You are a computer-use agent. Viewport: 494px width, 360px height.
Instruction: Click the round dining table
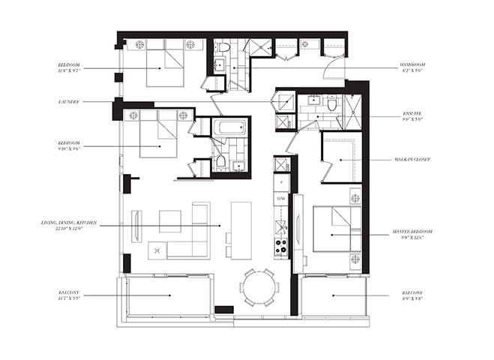(258, 287)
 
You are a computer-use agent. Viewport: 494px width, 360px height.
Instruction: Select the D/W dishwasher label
(281, 199)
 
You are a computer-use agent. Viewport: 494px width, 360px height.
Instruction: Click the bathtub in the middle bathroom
(228, 127)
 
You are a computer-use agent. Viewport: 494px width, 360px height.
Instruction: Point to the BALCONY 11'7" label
(70, 295)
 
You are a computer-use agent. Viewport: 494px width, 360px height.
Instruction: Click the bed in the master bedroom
(334, 229)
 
